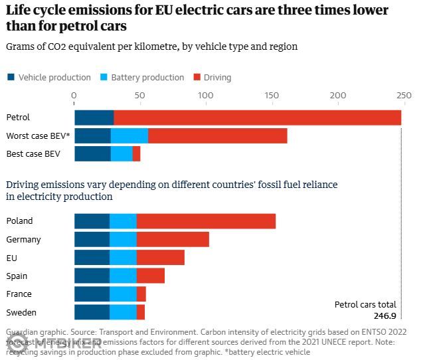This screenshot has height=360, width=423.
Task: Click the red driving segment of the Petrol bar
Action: [x=257, y=118]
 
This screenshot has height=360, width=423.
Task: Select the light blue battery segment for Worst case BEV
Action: [x=129, y=136]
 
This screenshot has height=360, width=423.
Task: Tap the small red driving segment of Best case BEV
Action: [x=136, y=154]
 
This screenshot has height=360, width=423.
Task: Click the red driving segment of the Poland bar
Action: [x=206, y=221]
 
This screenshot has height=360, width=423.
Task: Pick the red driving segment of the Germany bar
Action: [x=173, y=240]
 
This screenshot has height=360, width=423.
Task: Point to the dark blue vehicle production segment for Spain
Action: [x=92, y=276]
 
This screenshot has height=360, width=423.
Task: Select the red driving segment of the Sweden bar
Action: [x=141, y=312]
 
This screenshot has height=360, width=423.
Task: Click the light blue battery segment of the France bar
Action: [x=123, y=294]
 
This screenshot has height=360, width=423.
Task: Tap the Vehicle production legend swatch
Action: [x=11, y=78]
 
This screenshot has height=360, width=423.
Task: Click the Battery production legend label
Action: [x=147, y=78]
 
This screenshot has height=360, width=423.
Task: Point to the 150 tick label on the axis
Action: [x=272, y=96]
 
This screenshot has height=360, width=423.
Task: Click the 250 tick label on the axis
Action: [x=402, y=96]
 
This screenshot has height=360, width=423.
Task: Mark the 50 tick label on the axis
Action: [x=139, y=96]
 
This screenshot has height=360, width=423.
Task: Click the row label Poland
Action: [x=19, y=221]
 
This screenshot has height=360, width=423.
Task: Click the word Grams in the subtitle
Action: [x=19, y=46]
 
